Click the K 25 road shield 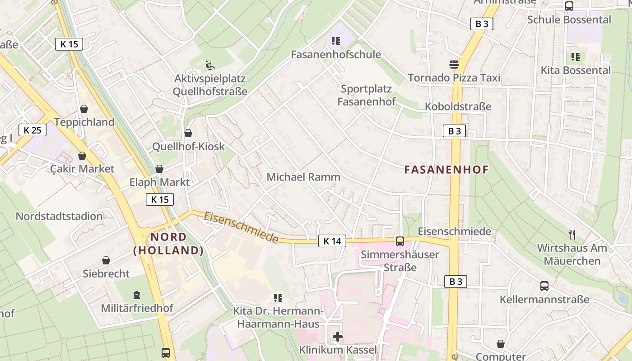pyautogui.click(x=33, y=130)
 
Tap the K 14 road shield pyautogui.click(x=332, y=241)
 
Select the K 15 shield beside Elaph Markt pyautogui.click(x=160, y=199)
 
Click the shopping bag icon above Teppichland pyautogui.click(x=84, y=109)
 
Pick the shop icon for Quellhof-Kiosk pyautogui.click(x=188, y=133)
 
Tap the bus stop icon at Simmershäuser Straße pyautogui.click(x=400, y=241)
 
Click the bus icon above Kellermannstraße pyautogui.click(x=544, y=286)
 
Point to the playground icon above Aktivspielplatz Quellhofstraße pyautogui.click(x=210, y=65)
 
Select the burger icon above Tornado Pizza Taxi pyautogui.click(x=454, y=65)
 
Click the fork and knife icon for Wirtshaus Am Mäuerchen pyautogui.click(x=572, y=235)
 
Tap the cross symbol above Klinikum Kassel pyautogui.click(x=338, y=337)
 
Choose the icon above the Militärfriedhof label pyautogui.click(x=137, y=295)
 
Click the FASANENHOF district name pyautogui.click(x=446, y=170)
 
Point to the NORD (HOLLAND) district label pyautogui.click(x=168, y=244)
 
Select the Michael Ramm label pyautogui.click(x=303, y=177)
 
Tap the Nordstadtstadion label pyautogui.click(x=59, y=216)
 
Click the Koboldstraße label pyautogui.click(x=458, y=107)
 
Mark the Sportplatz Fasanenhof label pyautogui.click(x=367, y=95)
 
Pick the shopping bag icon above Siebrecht pyautogui.click(x=106, y=260)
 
